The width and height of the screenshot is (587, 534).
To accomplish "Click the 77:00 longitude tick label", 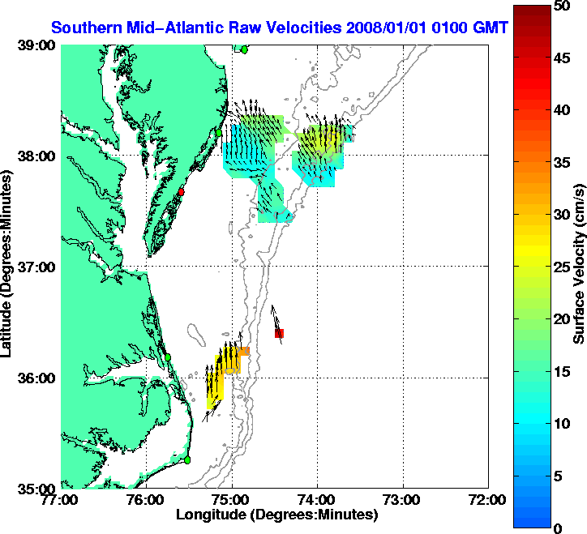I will click(x=62, y=500).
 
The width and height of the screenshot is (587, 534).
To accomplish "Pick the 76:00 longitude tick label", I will click(x=147, y=500).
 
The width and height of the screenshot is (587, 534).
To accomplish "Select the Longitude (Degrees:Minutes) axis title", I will click(x=276, y=515).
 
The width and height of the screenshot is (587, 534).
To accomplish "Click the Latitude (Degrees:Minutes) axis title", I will click(x=8, y=269).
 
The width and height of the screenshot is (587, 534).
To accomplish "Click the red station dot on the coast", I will click(x=182, y=192).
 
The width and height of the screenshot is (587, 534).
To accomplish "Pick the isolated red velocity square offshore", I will click(x=279, y=333).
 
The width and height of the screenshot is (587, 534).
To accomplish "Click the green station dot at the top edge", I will click(x=244, y=49).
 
